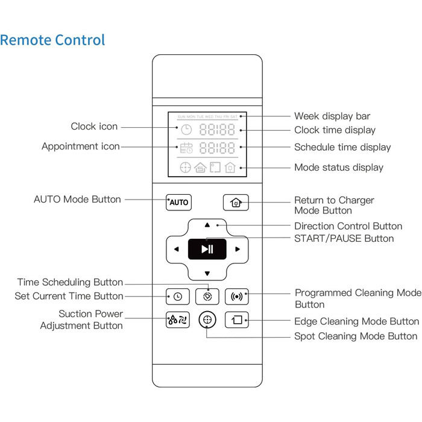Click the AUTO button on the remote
178,202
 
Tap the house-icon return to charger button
235,202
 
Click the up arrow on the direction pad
207,225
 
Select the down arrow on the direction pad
207,272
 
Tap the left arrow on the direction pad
176,249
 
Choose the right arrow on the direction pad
238,249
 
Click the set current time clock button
178,296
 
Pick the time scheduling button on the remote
207,296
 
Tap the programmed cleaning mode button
236,296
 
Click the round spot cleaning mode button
207,320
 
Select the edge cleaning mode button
236,320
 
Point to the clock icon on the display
186,130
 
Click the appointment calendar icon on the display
186,147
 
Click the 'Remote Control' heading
52,40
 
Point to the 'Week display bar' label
332,116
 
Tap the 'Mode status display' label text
338,167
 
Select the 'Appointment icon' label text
80,146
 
